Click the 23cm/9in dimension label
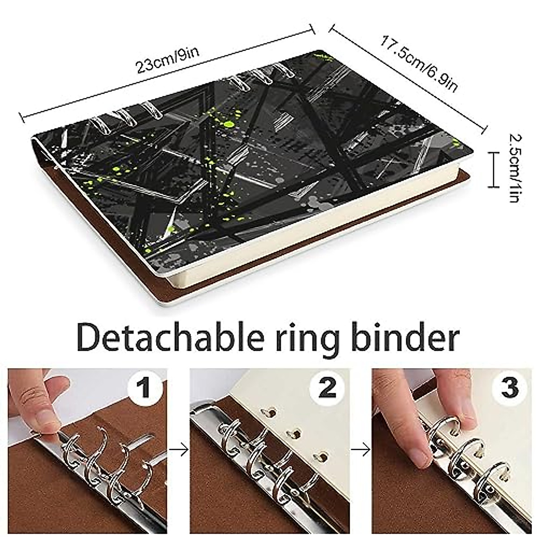point(167,60)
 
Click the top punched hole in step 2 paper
point(271,411)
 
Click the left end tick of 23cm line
point(22,118)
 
